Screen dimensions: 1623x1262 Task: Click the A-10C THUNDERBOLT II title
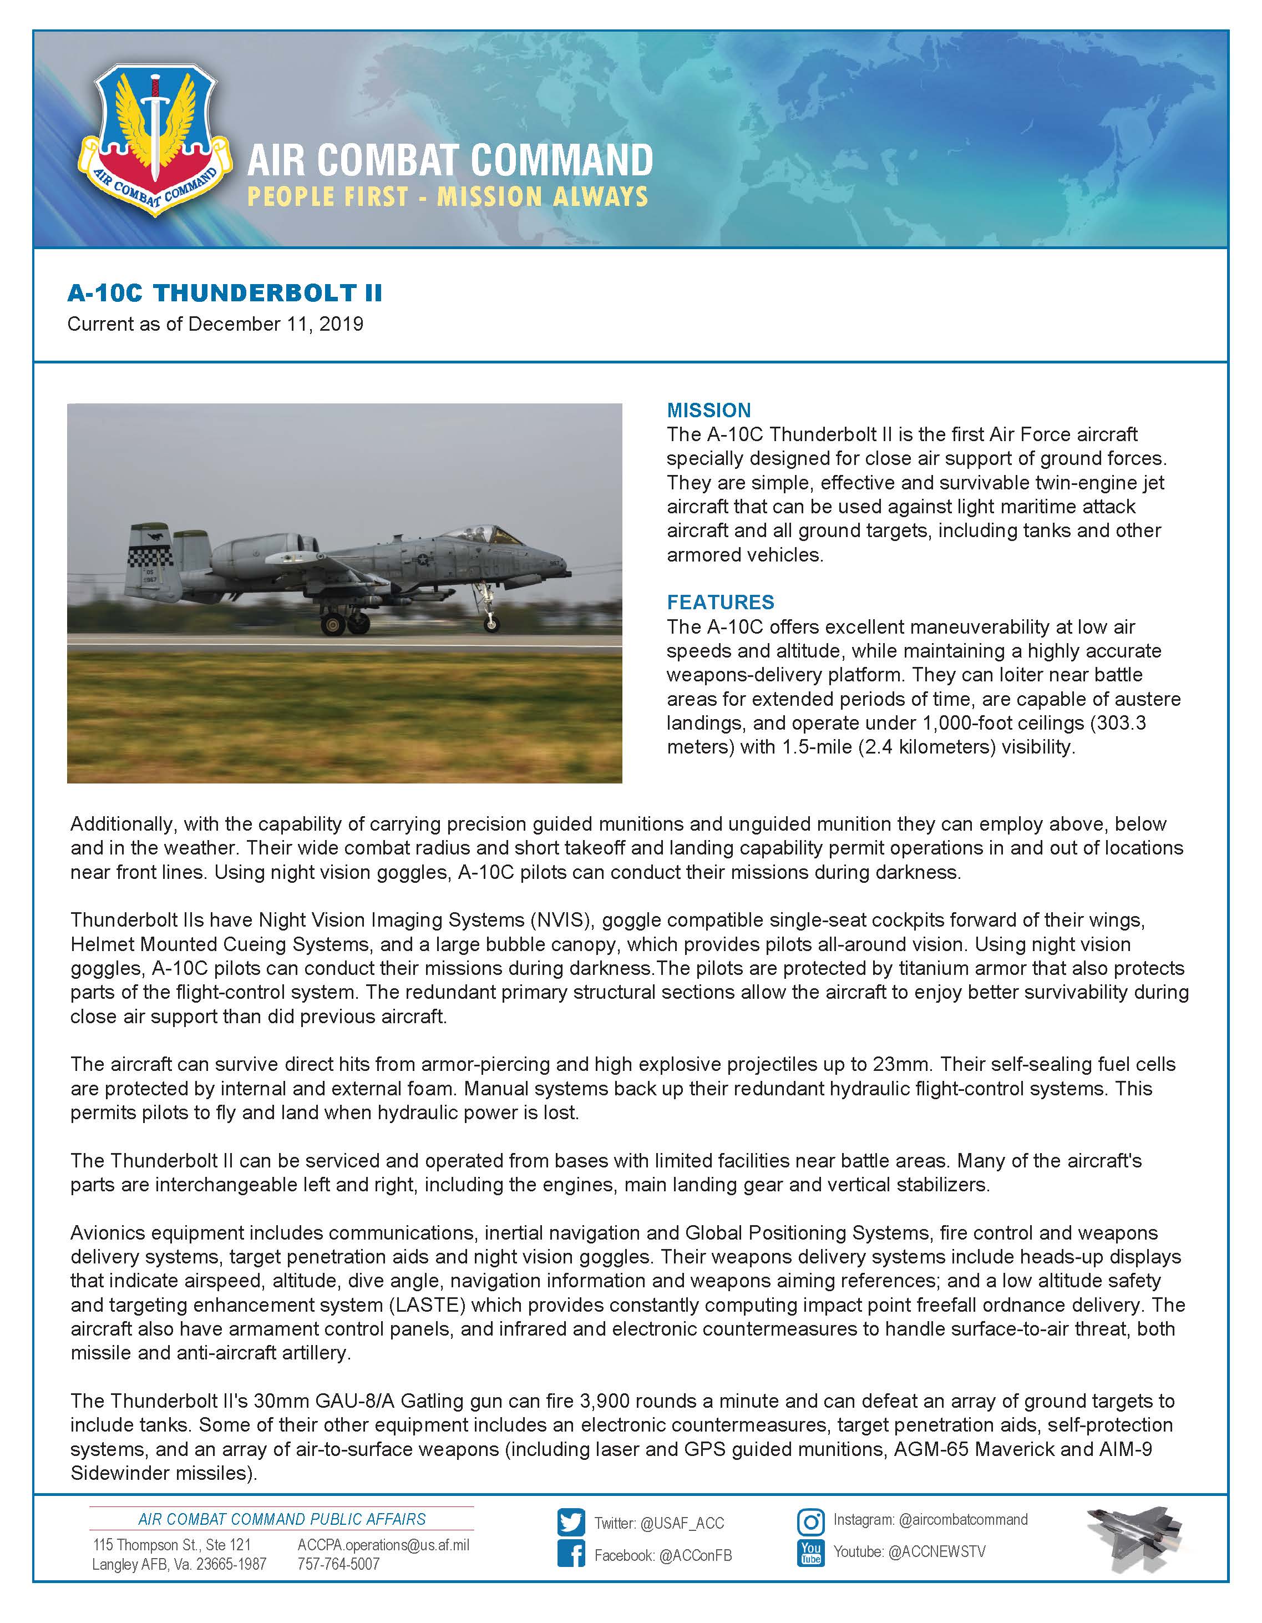pos(224,293)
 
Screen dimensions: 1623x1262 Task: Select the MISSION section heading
pos(708,410)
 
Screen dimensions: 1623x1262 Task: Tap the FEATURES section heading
pos(720,602)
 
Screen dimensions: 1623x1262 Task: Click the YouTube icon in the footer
pos(810,1553)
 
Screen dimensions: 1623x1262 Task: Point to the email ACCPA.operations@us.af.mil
pos(383,1545)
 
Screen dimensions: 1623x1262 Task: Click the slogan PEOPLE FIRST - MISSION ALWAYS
pos(447,197)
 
